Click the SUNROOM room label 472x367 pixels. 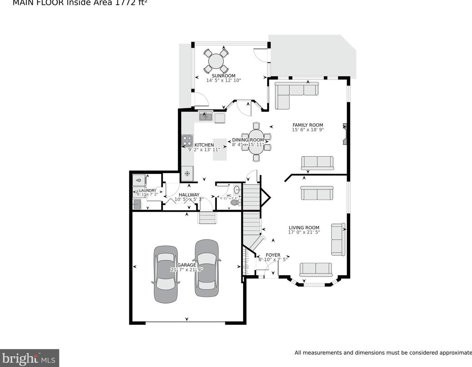click(224, 76)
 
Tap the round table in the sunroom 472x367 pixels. click(216, 61)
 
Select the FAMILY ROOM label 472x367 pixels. click(307, 125)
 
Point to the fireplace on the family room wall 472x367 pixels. click(345, 134)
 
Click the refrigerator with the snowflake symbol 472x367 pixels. click(187, 173)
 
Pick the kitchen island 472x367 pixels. click(220, 149)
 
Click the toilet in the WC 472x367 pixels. click(235, 203)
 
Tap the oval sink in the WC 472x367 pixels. click(237, 189)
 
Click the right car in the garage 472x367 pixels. click(207, 268)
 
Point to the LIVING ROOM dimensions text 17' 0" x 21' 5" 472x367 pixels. click(304, 232)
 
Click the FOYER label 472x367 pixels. click(273, 255)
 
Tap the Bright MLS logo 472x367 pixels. click(29, 358)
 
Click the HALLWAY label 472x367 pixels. click(189, 195)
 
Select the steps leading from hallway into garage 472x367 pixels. click(208, 218)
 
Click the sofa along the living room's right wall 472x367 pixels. click(338, 239)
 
